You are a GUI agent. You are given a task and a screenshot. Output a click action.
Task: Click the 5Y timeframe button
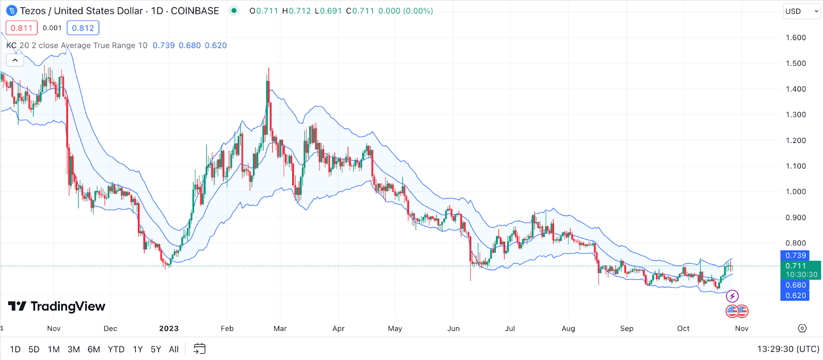pyautogui.click(x=156, y=349)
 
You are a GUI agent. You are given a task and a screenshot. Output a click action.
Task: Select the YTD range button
pyautogui.click(x=116, y=349)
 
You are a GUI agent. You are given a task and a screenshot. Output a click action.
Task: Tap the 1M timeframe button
pyautogui.click(x=53, y=349)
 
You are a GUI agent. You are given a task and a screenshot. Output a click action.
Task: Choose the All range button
pyautogui.click(x=174, y=349)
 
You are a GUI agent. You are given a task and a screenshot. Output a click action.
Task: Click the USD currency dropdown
pyautogui.click(x=801, y=11)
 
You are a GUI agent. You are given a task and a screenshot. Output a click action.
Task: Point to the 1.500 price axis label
pyautogui.click(x=796, y=63)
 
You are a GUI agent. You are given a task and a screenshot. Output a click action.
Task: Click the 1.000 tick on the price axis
pyautogui.click(x=796, y=192)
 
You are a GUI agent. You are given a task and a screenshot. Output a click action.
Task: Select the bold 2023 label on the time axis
pyautogui.click(x=169, y=329)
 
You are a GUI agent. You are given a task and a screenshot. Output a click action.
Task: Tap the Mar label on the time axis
pyautogui.click(x=280, y=329)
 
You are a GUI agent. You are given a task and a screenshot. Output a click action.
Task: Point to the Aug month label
pyautogui.click(x=568, y=329)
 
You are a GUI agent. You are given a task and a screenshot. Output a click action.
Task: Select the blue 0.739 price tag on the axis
pyautogui.click(x=795, y=256)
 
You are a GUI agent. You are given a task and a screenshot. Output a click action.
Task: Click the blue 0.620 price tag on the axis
pyautogui.click(x=795, y=296)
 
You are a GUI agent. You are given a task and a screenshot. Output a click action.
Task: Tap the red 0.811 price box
pyautogui.click(x=22, y=28)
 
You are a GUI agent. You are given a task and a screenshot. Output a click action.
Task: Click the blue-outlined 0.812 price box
pyautogui.click(x=83, y=28)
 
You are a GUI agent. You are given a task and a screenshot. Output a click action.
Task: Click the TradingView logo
pyautogui.click(x=57, y=307)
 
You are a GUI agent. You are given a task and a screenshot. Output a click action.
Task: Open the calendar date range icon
pyautogui.click(x=200, y=349)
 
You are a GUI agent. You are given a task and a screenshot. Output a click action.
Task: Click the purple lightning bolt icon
pyautogui.click(x=732, y=296)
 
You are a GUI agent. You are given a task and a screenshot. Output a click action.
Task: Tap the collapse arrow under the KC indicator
pyautogui.click(x=15, y=60)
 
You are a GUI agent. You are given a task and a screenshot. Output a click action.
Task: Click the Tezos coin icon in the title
pyautogui.click(x=11, y=11)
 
